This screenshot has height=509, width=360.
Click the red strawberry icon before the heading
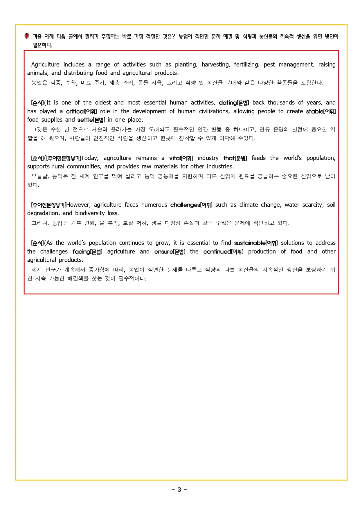(x=27, y=36)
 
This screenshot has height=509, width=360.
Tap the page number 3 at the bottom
(x=179, y=490)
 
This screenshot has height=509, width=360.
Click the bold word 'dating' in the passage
(x=228, y=102)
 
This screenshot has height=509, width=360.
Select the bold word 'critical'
(x=75, y=111)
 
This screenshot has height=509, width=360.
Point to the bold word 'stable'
(x=314, y=111)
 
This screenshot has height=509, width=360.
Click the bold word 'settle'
(x=85, y=120)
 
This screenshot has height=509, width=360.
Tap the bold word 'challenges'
(x=185, y=205)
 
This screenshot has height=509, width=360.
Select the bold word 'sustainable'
(x=249, y=243)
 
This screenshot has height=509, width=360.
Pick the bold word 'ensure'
(x=163, y=251)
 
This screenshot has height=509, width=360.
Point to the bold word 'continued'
(x=217, y=251)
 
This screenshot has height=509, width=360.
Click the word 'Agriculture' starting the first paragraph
(x=45, y=64)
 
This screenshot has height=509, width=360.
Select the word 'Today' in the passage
(x=90, y=158)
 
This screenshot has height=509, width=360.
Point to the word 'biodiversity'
(x=90, y=213)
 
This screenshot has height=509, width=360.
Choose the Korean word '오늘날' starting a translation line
(x=40, y=176)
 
